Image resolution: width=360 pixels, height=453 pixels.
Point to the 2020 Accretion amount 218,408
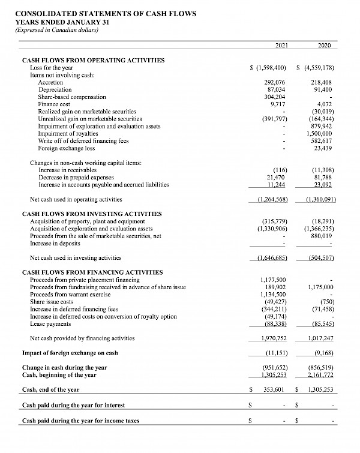coord(322,83)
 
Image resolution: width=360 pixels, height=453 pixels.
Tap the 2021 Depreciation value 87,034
coord(274,89)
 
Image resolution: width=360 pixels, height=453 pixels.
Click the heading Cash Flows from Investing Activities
coord(92,214)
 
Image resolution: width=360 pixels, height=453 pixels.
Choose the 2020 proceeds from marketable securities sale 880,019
coord(322,236)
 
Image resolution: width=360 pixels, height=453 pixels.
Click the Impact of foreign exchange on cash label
coord(70,353)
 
